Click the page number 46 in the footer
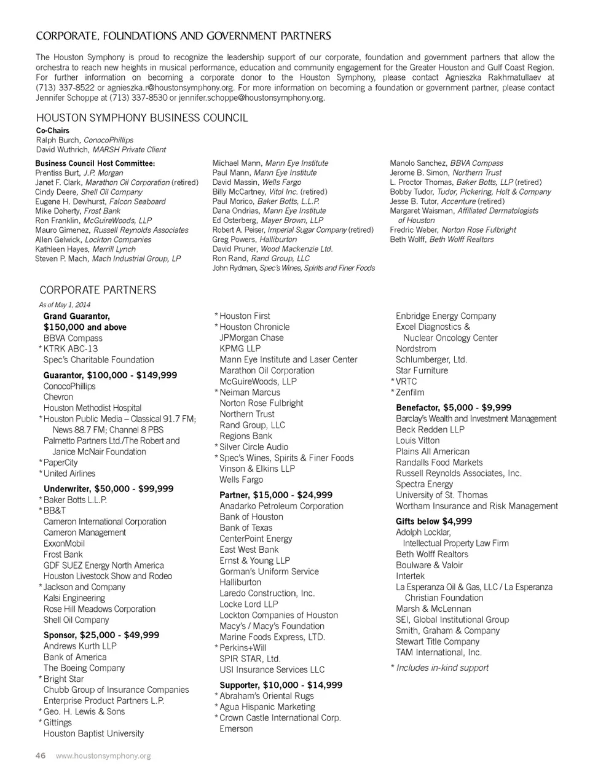pyautogui.click(x=40, y=756)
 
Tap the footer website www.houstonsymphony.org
pyautogui.click(x=103, y=756)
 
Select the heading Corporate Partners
pyautogui.click(x=98, y=290)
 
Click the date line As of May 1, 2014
pyautogui.click(x=65, y=305)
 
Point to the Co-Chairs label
pyautogui.click(x=53, y=130)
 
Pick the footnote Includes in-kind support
pyautogui.click(x=442, y=668)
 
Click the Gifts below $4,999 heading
pyautogui.click(x=434, y=521)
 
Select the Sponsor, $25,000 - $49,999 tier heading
pyautogui.click(x=101, y=635)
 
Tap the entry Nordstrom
pyautogui.click(x=416, y=349)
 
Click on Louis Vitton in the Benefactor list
pyautogui.click(x=418, y=440)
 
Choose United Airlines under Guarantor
pyautogui.click(x=69, y=474)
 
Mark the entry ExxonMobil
pyautogui.click(x=64, y=544)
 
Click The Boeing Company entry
pyautogui.click(x=84, y=668)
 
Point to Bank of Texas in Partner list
pyautogui.click(x=246, y=528)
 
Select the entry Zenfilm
pyautogui.click(x=410, y=392)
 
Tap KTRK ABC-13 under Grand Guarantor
pyautogui.click(x=71, y=349)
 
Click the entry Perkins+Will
pyautogui.click(x=243, y=648)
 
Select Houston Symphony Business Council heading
pyautogui.click(x=142, y=117)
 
